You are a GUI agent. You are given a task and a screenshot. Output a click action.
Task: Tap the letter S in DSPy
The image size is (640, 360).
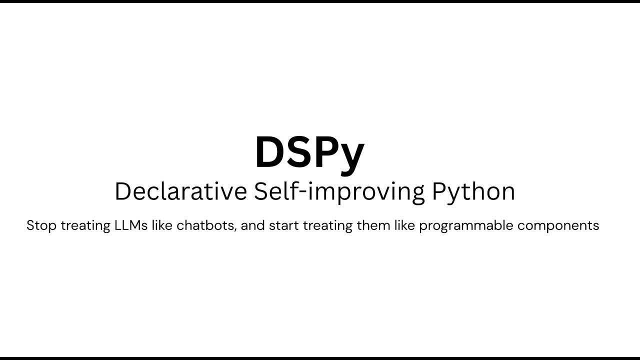click(x=300, y=152)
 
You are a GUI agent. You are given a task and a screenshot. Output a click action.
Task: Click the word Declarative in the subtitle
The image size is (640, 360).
click(x=180, y=191)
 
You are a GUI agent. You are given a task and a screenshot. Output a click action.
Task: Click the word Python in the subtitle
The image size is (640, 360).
click(x=473, y=191)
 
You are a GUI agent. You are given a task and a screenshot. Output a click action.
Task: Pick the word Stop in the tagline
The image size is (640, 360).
click(x=41, y=225)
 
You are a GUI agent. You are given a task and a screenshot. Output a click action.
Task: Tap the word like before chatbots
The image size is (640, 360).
click(x=162, y=225)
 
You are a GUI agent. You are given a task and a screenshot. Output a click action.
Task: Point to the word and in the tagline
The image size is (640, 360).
click(x=252, y=225)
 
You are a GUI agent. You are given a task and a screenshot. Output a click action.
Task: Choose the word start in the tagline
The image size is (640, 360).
click(x=283, y=225)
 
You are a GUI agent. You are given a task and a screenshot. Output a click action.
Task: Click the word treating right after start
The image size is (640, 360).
click(x=327, y=225)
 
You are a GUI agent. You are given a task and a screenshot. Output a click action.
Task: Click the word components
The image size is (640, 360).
click(x=558, y=225)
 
